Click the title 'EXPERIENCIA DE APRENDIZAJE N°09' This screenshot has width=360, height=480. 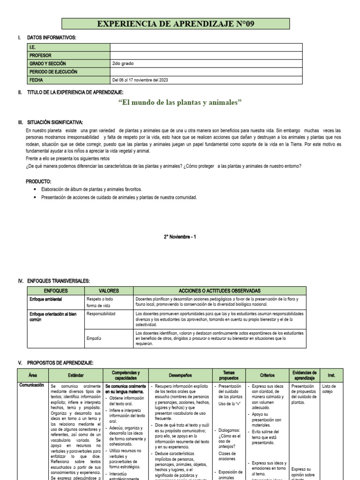point(175,24)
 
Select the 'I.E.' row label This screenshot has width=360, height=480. point(33,47)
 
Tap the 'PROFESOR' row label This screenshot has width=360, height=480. point(40,55)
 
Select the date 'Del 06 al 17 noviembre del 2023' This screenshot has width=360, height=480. point(140,80)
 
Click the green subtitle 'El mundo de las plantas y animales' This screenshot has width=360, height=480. point(180,102)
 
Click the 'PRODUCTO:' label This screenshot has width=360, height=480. point(38,181)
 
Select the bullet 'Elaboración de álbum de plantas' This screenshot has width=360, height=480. point(92,189)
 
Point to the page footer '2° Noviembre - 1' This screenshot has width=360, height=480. point(180,237)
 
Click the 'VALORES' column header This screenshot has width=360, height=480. point(109,291)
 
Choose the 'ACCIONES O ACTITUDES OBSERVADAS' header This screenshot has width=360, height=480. point(219,291)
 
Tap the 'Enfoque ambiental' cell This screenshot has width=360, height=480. point(46,299)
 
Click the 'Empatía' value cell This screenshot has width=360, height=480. point(95,337)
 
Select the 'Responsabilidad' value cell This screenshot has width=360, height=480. point(101,313)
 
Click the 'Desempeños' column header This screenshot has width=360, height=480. point(180,375)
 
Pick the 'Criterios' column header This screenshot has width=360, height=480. point(267,375)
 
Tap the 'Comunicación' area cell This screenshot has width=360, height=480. point(32,385)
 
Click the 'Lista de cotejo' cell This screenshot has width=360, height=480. point(330,389)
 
